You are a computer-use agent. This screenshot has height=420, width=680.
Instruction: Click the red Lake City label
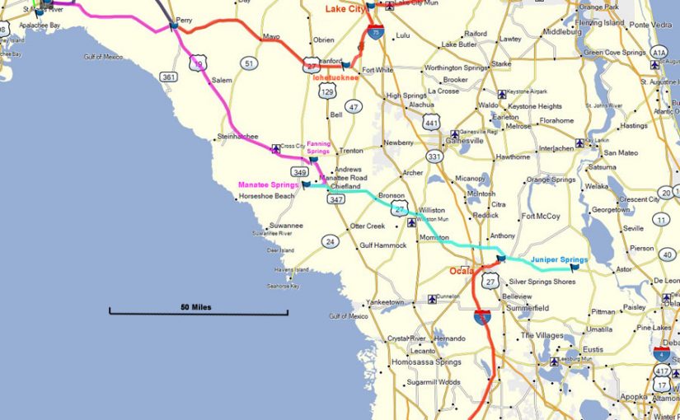(x=345, y=8)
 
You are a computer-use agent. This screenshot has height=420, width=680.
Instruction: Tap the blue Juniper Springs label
(x=559, y=259)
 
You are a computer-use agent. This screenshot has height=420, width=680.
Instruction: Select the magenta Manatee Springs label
(x=268, y=184)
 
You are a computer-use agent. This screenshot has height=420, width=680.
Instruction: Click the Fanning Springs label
(x=318, y=147)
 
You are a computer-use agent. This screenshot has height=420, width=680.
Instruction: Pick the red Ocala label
(x=462, y=271)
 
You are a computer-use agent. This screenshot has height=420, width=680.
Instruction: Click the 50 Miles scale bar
(x=198, y=310)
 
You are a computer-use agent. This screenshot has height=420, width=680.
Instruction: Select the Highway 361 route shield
(x=168, y=77)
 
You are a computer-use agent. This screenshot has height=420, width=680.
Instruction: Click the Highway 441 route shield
(x=430, y=123)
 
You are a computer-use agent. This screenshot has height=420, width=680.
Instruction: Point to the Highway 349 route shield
(x=300, y=172)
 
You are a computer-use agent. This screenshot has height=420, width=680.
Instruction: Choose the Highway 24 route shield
(x=330, y=241)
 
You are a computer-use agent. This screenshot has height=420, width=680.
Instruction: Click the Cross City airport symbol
(x=275, y=147)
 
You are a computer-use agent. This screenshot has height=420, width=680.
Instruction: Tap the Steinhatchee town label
(x=237, y=136)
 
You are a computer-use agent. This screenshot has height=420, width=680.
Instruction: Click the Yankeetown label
(x=386, y=302)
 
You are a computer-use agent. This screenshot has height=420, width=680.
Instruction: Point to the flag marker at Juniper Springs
(x=574, y=265)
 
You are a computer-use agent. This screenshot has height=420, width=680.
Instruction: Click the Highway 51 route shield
(x=248, y=63)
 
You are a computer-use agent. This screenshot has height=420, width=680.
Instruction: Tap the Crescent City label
(x=639, y=199)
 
